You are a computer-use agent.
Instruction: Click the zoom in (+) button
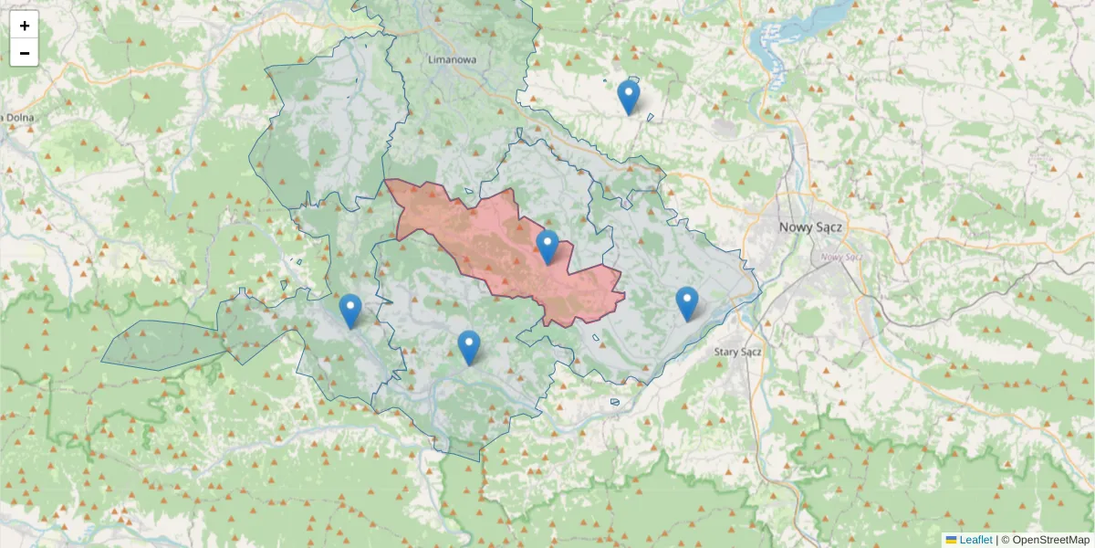point(25,26)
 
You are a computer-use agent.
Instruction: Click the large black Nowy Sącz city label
point(810,227)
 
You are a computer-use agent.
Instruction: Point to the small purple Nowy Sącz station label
point(841,257)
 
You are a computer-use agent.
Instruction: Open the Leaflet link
point(975,540)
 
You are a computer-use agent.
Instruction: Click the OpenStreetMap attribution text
point(1050,540)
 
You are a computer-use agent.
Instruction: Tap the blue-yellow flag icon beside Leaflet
point(952,540)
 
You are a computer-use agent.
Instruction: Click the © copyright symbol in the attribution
point(1006,540)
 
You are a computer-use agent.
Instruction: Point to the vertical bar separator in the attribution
point(996,540)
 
